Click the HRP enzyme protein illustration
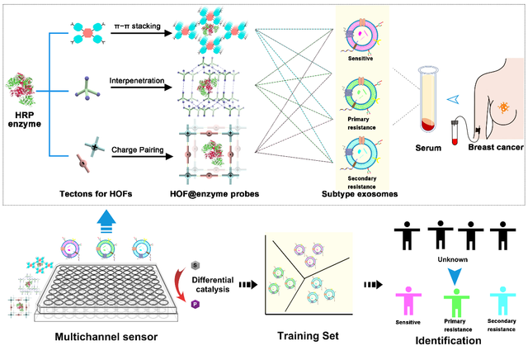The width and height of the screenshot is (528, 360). (20, 89)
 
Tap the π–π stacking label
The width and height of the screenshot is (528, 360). (138, 26)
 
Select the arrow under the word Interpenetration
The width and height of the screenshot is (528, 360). (141, 88)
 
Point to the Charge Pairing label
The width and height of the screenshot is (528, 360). (138, 149)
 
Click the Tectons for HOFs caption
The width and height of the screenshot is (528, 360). (96, 194)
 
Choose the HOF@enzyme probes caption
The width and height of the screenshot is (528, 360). (214, 194)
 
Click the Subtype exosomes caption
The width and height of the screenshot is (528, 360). (360, 194)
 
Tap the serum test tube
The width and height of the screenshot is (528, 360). (428, 99)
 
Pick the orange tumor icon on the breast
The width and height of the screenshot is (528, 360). (503, 107)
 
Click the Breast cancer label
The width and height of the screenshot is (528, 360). (496, 147)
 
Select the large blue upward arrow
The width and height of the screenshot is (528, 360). (106, 221)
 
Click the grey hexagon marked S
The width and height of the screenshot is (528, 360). (195, 266)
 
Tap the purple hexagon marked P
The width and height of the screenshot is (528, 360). (195, 305)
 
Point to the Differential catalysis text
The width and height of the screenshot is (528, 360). (213, 285)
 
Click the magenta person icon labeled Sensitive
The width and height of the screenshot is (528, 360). (408, 301)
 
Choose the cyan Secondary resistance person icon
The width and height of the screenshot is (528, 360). (502, 301)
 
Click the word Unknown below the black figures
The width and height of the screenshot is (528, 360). (453, 259)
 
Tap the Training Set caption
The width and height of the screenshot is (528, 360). (308, 336)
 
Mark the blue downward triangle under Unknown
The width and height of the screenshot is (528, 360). (455, 277)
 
